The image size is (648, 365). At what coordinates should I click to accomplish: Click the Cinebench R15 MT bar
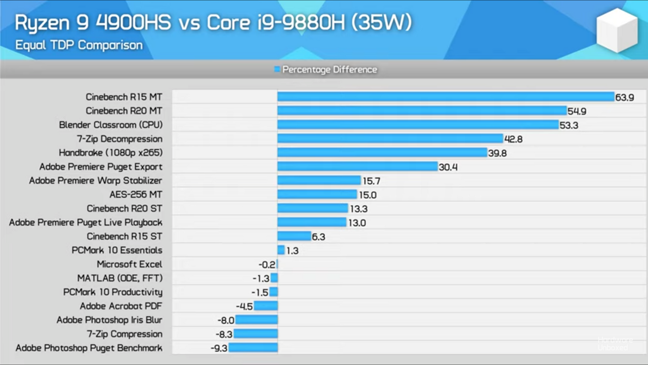pos(445,97)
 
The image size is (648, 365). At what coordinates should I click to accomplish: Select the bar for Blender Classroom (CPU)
pos(418,125)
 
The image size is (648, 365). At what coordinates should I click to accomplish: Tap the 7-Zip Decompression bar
pos(390,139)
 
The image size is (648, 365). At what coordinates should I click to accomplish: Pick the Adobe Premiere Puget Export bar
pos(357,167)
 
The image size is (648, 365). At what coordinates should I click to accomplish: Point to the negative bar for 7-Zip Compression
pos(256,334)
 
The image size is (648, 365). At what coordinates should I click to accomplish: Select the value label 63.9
pos(625,97)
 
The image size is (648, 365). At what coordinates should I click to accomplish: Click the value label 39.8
pos(497,153)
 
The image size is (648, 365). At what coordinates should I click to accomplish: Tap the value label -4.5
pos(244,306)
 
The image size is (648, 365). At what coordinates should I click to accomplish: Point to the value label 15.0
pos(367,195)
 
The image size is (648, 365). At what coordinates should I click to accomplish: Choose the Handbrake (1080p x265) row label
pos(110,153)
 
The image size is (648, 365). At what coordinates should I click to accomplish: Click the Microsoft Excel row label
pos(130,264)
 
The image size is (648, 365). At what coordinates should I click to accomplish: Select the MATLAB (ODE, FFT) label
pos(120,278)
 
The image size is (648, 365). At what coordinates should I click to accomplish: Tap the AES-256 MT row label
pos(136,195)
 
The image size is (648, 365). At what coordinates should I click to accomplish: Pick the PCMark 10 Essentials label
pos(117,250)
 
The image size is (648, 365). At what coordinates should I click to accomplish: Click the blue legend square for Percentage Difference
pos(277,69)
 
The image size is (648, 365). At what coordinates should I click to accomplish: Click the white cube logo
pos(617,30)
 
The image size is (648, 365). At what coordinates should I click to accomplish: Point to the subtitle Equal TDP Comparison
pos(78,45)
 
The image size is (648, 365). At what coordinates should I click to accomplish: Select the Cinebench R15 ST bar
pos(294,236)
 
